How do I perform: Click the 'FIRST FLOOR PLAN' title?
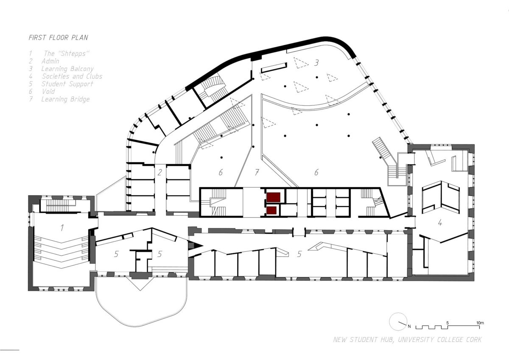(x=59, y=37)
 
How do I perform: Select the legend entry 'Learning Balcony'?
(x=67, y=69)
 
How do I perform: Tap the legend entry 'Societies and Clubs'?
(x=72, y=76)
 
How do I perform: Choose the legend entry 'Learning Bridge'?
(x=65, y=99)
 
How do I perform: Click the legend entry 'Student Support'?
(x=67, y=84)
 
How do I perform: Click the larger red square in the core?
(x=273, y=197)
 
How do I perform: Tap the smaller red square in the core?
(x=271, y=211)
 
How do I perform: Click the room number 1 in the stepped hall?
(x=62, y=228)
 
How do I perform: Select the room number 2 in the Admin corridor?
(x=160, y=172)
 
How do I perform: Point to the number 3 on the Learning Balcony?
(x=316, y=62)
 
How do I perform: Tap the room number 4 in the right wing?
(x=440, y=222)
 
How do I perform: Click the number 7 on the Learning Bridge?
(x=257, y=172)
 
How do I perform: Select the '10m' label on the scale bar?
(x=480, y=323)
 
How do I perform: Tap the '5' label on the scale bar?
(x=447, y=323)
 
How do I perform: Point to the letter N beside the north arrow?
(x=409, y=326)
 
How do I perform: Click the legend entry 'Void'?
(x=48, y=91)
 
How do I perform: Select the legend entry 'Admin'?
(x=50, y=61)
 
